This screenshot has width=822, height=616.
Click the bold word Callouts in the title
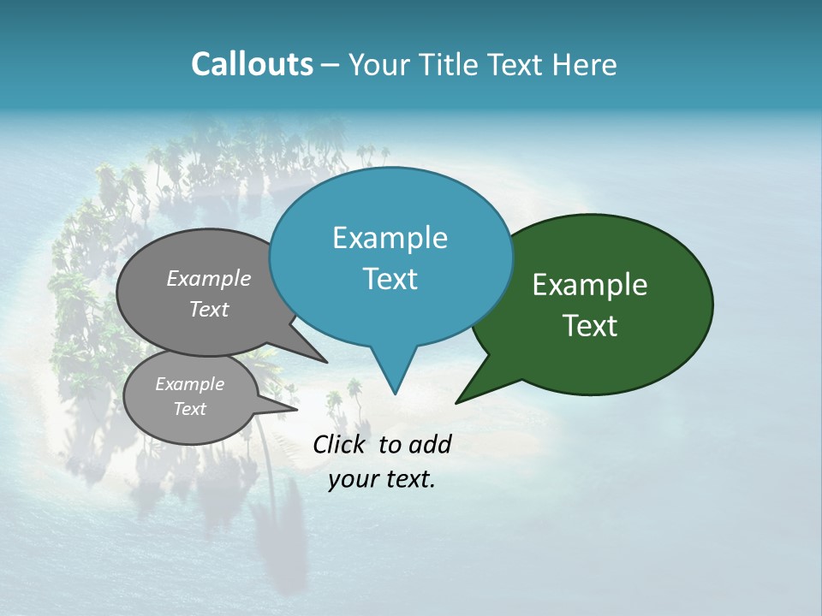pyautogui.click(x=252, y=64)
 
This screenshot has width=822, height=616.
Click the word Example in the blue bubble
pyautogui.click(x=390, y=238)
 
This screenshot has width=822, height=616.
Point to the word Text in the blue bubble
pyautogui.click(x=390, y=278)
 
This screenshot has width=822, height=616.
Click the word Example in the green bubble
pyautogui.click(x=590, y=285)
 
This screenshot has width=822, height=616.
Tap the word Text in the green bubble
pyautogui.click(x=590, y=326)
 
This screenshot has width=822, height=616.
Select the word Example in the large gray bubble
pyautogui.click(x=209, y=278)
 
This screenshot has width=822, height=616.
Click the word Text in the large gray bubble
pyautogui.click(x=209, y=309)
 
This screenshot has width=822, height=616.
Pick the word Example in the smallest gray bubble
pyautogui.click(x=189, y=384)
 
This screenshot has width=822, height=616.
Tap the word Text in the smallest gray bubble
pyautogui.click(x=189, y=409)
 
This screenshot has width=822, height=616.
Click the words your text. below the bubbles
pyautogui.click(x=382, y=479)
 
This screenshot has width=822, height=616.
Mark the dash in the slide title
pyautogui.click(x=331, y=65)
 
